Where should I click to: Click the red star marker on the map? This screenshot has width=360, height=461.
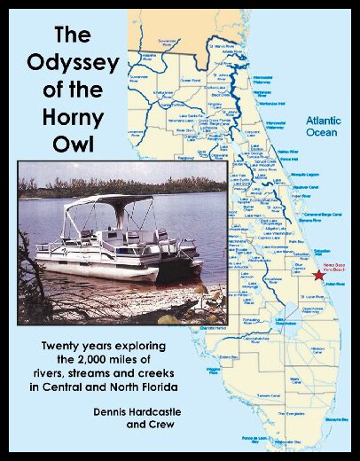318,276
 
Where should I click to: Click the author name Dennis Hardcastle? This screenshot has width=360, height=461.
132,412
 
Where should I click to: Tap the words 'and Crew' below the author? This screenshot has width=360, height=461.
132,429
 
